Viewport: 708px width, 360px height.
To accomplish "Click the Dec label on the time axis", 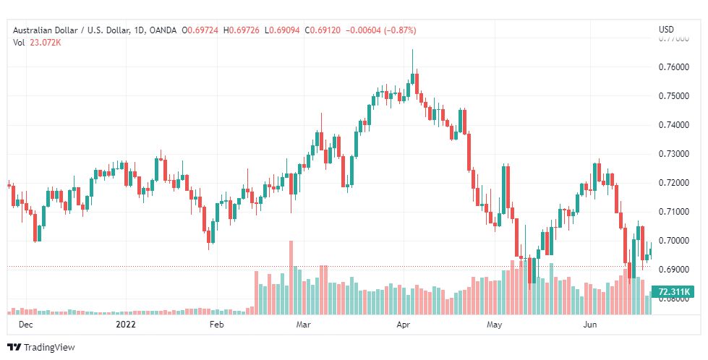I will pyautogui.click(x=25, y=325).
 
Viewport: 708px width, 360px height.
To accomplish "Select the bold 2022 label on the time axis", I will pyautogui.click(x=127, y=325).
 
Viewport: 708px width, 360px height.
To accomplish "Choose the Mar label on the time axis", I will pyautogui.click(x=304, y=325).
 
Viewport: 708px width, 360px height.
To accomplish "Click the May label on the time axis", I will pyautogui.click(x=495, y=325).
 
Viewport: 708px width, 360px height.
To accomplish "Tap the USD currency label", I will pyautogui.click(x=666, y=30).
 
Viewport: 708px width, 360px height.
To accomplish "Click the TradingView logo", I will pyautogui.click(x=41, y=348).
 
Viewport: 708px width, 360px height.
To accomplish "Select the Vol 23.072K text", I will pyautogui.click(x=37, y=43).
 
